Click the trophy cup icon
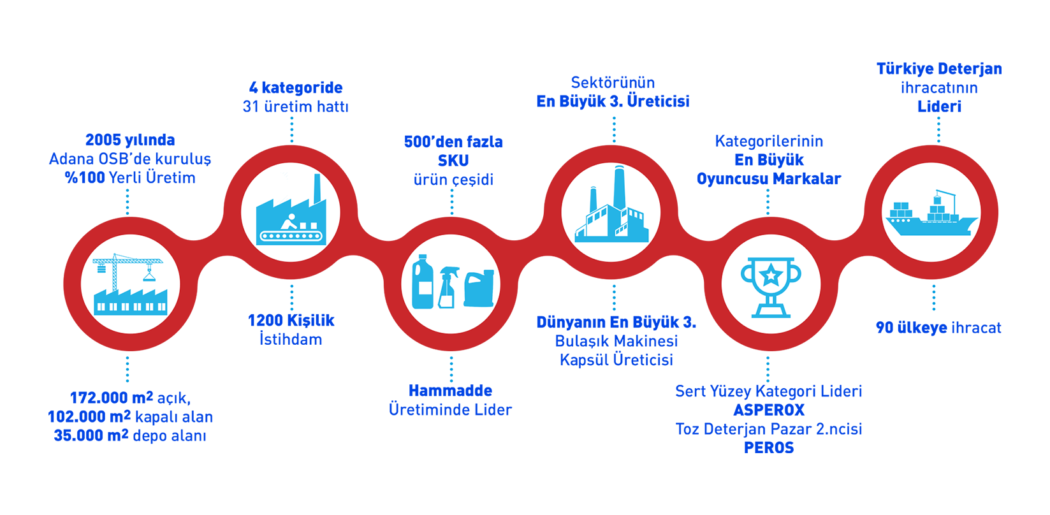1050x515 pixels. [771, 287]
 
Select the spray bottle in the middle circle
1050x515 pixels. [448, 287]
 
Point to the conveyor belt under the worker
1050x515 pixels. [291, 236]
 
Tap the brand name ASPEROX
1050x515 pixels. [769, 410]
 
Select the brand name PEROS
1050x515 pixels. [769, 447]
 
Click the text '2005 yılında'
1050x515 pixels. [130, 140]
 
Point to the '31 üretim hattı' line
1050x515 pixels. [295, 106]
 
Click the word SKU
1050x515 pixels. [453, 161]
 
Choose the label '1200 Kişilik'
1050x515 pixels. [291, 321]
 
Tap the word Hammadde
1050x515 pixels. [450, 390]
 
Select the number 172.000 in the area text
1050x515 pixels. [98, 398]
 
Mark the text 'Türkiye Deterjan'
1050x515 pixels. [939, 69]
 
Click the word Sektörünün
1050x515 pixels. [613, 82]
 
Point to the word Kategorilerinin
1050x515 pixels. [769, 141]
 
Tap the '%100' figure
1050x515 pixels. [85, 178]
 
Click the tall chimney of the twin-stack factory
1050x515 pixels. [619, 187]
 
